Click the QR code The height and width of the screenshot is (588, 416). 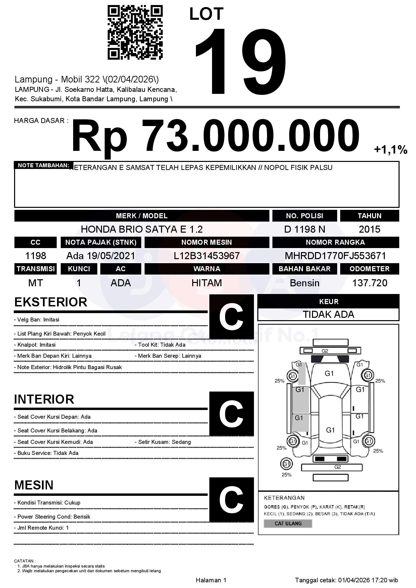pyautogui.click(x=135, y=32)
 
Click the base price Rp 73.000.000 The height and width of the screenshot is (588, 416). pyautogui.click(x=215, y=136)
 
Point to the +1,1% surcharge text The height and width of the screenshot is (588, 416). pyautogui.click(x=391, y=150)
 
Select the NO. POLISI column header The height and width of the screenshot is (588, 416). pyautogui.click(x=304, y=216)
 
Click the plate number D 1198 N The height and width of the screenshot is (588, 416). pyautogui.click(x=304, y=229)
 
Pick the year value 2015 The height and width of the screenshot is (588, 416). pyautogui.click(x=369, y=229)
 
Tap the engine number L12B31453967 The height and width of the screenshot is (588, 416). pyautogui.click(x=207, y=256)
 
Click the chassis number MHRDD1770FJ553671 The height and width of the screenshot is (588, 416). pyautogui.click(x=335, y=256)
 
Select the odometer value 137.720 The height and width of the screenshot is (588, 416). pyautogui.click(x=369, y=283)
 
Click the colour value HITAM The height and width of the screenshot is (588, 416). pyautogui.click(x=207, y=283)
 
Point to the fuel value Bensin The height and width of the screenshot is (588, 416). pyautogui.click(x=304, y=283)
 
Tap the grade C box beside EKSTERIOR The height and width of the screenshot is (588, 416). pyautogui.click(x=231, y=317)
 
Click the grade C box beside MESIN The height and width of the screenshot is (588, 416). pyautogui.click(x=231, y=500)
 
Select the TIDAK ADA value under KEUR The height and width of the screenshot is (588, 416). pyautogui.click(x=328, y=314)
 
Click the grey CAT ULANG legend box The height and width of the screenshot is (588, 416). pyautogui.click(x=288, y=523)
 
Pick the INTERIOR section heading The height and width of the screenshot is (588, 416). pyautogui.click(x=44, y=399)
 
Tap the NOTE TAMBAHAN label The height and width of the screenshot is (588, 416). pyautogui.click(x=43, y=165)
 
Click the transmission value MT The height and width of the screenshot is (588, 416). pyautogui.click(x=36, y=283)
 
